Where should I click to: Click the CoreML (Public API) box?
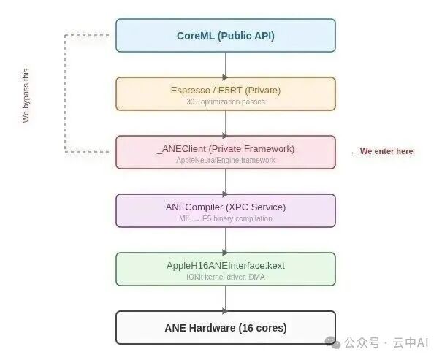(x=225, y=36)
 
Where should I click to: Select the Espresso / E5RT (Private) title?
(x=225, y=90)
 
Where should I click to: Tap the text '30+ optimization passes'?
(x=225, y=102)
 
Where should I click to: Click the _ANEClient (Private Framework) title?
(x=225, y=148)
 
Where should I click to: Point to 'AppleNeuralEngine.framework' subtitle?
(x=225, y=161)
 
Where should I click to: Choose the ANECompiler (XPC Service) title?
(x=225, y=207)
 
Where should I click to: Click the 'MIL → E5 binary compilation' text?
(x=225, y=219)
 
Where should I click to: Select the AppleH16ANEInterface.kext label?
(x=225, y=265)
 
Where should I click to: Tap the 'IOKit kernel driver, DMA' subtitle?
(x=225, y=277)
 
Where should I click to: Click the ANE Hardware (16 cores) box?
(x=225, y=327)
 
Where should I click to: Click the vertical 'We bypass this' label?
(x=26, y=95)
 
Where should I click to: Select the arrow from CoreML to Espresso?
(x=225, y=64)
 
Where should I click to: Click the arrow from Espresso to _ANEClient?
(x=225, y=123)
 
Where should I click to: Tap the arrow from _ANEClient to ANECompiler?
(x=225, y=181)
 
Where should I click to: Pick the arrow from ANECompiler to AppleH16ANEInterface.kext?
(x=225, y=240)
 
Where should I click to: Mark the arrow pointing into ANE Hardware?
(x=225, y=298)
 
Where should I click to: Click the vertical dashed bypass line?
(x=65, y=93)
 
